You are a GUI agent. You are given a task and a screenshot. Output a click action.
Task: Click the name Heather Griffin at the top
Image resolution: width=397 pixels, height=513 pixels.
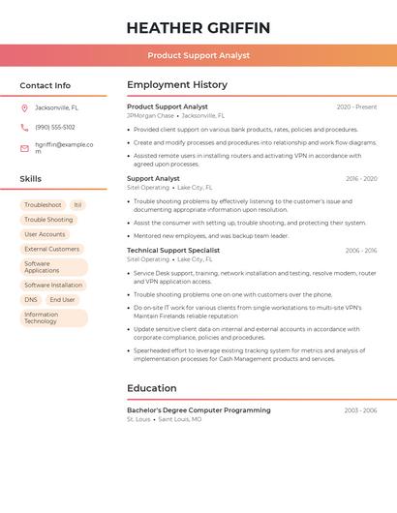click(198, 28)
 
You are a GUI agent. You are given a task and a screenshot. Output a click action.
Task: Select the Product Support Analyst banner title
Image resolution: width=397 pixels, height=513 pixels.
click(198, 55)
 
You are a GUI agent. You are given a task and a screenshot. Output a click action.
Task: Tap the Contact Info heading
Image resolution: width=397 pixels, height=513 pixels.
click(45, 85)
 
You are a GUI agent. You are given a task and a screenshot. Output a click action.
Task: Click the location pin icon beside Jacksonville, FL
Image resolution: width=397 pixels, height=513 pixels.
click(24, 107)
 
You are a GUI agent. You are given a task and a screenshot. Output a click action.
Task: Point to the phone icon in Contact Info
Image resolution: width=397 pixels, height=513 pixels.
click(24, 127)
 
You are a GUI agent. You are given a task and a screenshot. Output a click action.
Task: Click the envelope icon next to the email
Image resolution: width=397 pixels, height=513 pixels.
click(24, 148)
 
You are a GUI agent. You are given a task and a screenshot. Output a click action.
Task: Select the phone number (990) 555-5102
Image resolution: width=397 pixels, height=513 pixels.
click(55, 127)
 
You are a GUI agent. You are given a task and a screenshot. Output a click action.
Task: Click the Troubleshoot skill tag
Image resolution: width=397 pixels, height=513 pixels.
click(43, 205)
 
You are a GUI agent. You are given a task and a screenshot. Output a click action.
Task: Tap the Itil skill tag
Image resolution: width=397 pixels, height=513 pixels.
click(77, 205)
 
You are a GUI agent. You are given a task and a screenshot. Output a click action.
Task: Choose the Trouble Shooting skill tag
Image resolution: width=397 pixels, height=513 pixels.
click(48, 220)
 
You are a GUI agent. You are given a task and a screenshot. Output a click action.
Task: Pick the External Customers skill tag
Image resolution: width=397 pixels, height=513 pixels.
click(52, 249)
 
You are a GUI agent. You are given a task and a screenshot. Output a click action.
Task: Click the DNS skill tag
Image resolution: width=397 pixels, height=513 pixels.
click(31, 300)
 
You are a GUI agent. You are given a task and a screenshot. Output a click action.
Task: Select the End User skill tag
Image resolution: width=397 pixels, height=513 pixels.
click(62, 300)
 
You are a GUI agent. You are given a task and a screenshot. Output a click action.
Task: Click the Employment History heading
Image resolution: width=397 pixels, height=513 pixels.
click(177, 85)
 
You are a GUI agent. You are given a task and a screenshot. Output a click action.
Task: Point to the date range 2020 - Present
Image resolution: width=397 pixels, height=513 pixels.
click(356, 106)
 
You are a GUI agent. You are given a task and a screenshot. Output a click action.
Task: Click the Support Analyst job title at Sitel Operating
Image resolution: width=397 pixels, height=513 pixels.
click(153, 178)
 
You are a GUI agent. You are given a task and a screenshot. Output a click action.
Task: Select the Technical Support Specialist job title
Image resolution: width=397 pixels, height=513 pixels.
click(173, 250)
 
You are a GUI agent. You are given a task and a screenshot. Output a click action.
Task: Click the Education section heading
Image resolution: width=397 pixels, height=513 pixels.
click(151, 388)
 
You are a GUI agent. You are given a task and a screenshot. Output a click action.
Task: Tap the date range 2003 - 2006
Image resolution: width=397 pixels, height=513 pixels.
click(360, 410)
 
